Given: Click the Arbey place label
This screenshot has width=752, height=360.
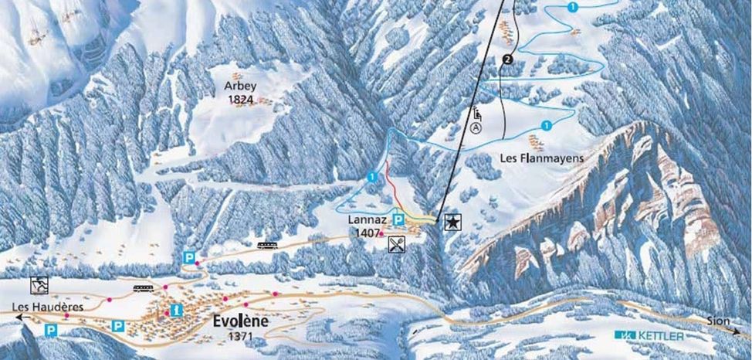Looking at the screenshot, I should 239,87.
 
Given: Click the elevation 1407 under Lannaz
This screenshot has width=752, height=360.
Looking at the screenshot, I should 366,232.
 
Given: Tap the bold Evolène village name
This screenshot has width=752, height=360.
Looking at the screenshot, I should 238,323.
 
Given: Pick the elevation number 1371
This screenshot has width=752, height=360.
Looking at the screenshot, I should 242,337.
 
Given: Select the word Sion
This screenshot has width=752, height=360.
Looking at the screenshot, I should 718,320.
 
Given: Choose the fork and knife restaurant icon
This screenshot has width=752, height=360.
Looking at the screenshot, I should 397,243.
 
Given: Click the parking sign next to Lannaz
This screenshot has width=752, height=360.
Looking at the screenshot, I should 398,220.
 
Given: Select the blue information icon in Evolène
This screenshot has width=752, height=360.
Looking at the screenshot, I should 177,310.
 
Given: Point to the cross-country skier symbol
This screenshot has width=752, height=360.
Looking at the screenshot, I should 39,285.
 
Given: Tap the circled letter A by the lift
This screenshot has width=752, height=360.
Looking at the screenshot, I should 476,127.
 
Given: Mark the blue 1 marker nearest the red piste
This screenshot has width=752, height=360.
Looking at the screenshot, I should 372,177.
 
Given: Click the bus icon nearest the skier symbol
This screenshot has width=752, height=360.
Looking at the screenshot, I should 142,289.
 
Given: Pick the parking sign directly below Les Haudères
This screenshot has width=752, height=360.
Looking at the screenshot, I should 51,330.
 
